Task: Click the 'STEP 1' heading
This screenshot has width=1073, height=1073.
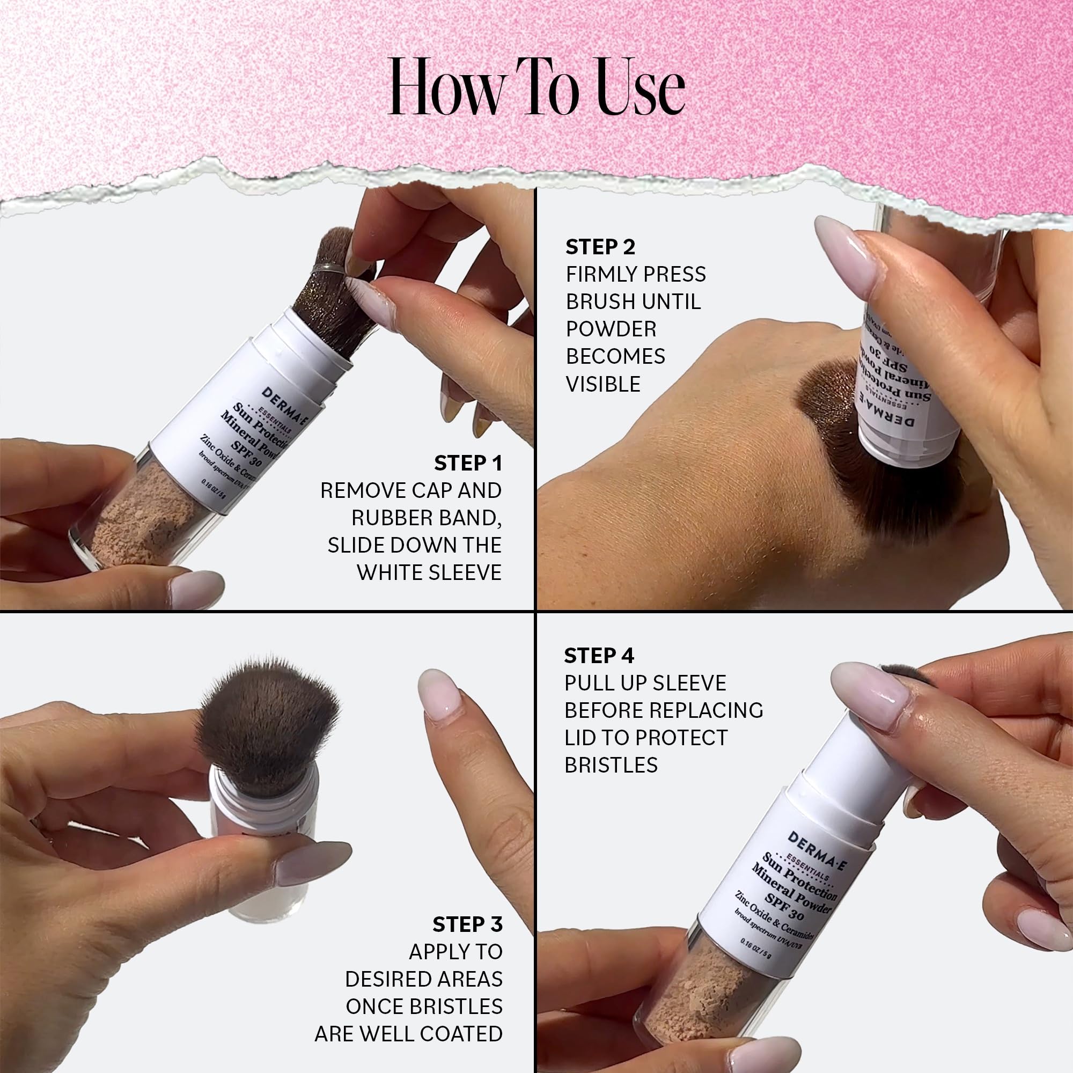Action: coord(468,463)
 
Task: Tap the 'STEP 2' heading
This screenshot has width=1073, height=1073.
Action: coord(600,247)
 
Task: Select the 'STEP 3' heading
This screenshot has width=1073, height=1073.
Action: coord(467,925)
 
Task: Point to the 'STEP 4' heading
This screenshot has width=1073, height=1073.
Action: coord(599,656)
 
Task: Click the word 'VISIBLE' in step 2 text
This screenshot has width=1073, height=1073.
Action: coord(602,384)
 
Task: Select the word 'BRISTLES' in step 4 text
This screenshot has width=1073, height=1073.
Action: coord(611,766)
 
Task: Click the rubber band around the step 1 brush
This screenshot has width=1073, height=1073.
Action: coord(328,268)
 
